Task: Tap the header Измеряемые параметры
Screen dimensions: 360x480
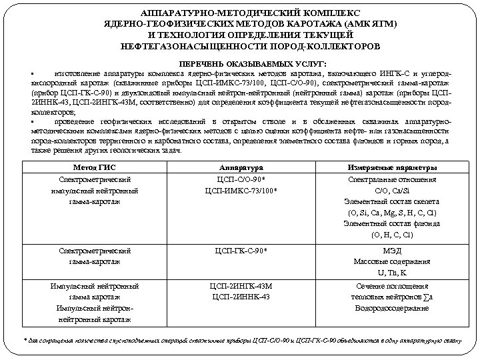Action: [392, 167]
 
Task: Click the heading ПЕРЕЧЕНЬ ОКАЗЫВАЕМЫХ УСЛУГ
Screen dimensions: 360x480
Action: [240, 61]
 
